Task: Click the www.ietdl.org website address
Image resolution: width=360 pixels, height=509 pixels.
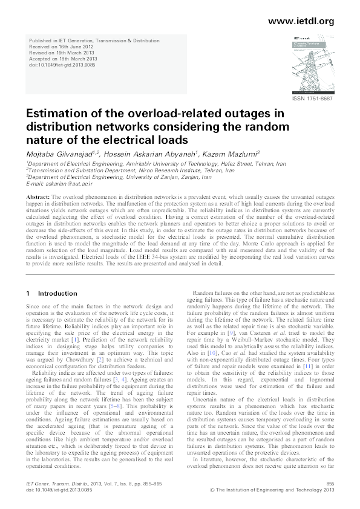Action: click(x=300, y=22)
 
